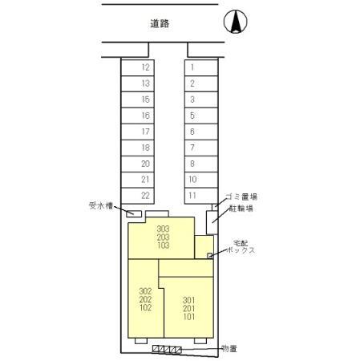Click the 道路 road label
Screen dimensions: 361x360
(160, 25)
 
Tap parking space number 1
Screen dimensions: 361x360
(202, 68)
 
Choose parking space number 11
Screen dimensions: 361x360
(202, 196)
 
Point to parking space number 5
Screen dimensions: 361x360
(202, 116)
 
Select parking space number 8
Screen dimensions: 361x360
(202, 164)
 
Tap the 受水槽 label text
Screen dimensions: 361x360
(103, 206)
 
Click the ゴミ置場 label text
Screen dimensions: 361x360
(241, 197)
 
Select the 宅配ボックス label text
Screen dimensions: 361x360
(240, 246)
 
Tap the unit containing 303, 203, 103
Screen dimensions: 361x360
(163, 237)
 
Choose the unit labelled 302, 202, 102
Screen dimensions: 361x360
(144, 298)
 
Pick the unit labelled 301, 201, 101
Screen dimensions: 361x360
(189, 307)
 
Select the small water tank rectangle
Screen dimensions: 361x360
(135, 214)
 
